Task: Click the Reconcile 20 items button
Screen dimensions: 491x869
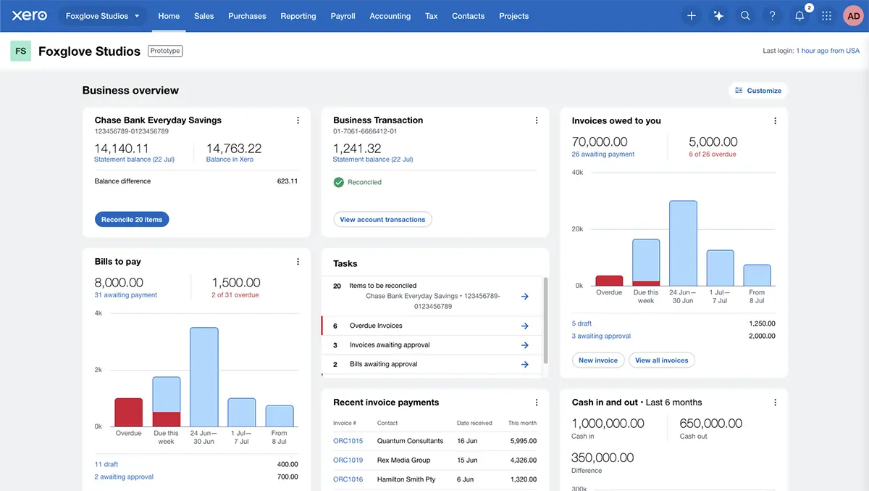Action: point(132,219)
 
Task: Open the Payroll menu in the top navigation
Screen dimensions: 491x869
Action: point(343,16)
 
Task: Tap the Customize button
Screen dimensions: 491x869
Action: point(757,91)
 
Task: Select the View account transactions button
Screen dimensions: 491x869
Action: point(382,219)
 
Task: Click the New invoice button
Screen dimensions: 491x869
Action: point(597,360)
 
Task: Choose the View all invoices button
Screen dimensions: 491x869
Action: point(661,360)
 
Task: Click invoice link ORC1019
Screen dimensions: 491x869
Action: point(348,460)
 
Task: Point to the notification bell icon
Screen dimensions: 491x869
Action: point(799,16)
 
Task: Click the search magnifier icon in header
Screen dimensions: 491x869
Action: point(745,16)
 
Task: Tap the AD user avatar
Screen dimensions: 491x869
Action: point(852,16)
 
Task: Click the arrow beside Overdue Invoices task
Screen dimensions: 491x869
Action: point(525,326)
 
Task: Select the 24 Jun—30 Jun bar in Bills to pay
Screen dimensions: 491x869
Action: point(203,377)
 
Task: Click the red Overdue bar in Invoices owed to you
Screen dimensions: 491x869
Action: point(609,281)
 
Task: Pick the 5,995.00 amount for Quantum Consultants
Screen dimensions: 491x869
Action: point(522,441)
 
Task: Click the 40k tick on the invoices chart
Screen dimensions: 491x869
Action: point(577,173)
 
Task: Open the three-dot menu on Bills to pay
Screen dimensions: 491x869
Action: point(298,262)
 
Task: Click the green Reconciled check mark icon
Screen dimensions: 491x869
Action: point(338,182)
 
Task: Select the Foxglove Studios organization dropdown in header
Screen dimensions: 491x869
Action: point(102,16)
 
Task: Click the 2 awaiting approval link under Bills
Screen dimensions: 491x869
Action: point(124,477)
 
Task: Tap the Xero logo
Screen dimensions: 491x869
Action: point(30,16)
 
